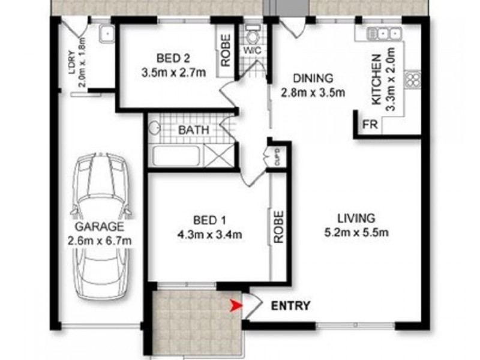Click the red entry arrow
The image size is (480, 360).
tap(235, 307)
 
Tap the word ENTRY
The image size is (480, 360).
tap(291, 306)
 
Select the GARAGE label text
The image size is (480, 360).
tap(100, 227)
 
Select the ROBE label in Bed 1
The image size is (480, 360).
tap(278, 227)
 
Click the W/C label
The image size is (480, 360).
tap(250, 50)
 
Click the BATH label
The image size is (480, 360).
tap(193, 129)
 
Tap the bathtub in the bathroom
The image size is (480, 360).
tap(178, 157)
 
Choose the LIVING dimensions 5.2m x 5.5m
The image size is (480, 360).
tap(355, 232)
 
